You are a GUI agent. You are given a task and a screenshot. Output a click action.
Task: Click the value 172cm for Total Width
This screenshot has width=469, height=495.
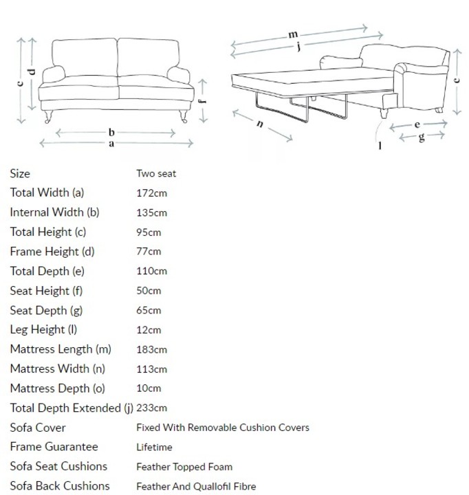point(151,193)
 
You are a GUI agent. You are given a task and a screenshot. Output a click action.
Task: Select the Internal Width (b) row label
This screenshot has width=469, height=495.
point(55,212)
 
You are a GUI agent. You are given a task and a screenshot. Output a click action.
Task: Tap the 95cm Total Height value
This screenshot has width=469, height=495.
point(149,232)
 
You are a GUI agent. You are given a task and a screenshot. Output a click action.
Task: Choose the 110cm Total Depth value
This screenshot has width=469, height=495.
point(151,271)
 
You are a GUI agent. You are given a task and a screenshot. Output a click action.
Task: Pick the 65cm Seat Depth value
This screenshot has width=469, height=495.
point(149,310)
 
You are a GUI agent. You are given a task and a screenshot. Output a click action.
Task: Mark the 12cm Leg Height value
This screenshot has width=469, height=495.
point(149,330)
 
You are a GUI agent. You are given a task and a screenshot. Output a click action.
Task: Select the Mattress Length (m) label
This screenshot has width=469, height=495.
point(61,349)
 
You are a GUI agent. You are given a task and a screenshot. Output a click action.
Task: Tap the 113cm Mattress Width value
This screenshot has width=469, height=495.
point(151,369)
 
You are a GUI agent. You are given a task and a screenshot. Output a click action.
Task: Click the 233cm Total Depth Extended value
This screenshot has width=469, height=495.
point(151,408)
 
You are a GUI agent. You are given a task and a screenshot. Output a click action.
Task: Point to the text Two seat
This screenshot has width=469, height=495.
point(156,174)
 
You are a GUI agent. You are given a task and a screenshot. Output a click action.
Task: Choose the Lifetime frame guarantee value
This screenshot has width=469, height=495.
point(154,447)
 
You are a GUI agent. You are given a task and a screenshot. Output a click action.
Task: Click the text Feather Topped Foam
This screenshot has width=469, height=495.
point(184,467)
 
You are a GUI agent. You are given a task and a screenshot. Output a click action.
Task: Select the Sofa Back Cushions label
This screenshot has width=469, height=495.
point(60,485)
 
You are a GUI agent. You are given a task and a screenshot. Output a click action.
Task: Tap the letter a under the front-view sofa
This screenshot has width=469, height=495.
point(111,144)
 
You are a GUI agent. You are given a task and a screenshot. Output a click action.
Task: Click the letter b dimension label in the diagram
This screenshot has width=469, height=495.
point(111,132)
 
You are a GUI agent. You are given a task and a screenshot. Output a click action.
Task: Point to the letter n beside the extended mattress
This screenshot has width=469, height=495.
point(260,124)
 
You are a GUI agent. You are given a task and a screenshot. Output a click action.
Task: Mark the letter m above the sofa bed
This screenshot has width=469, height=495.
point(294,34)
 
